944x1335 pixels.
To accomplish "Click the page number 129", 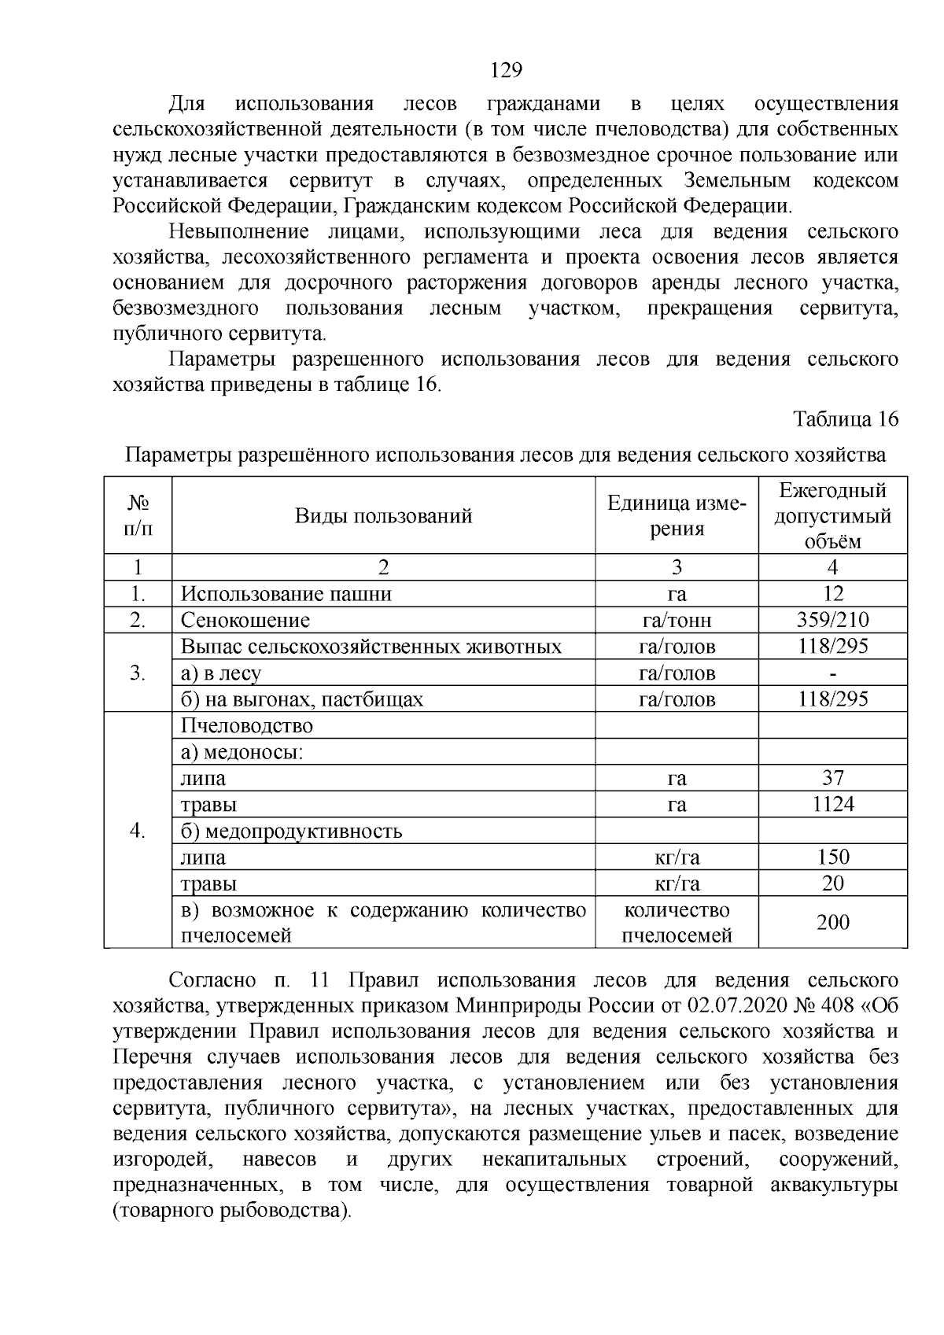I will [x=506, y=71].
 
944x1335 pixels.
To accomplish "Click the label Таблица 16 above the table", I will [x=846, y=419].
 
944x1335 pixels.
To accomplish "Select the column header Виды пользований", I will [x=383, y=516].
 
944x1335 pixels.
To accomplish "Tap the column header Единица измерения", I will [x=677, y=516].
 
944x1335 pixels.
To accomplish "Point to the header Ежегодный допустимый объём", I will [x=832, y=516].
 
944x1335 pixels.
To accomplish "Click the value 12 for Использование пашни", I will [x=832, y=594].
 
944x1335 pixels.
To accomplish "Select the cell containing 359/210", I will [x=832, y=620].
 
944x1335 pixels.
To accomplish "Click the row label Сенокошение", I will [x=245, y=621].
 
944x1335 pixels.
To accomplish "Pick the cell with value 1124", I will [x=832, y=804].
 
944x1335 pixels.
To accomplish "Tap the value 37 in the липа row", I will [x=832, y=778].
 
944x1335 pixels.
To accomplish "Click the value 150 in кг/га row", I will [x=832, y=857].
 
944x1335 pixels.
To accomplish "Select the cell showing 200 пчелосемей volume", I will [x=832, y=922].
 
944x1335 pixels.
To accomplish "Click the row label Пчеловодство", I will [x=246, y=726].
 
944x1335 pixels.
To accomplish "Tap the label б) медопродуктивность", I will [x=291, y=832].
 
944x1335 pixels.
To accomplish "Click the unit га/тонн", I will [x=677, y=621].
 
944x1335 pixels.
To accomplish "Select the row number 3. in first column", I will [x=138, y=673].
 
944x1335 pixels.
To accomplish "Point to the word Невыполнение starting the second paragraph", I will [x=238, y=232].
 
